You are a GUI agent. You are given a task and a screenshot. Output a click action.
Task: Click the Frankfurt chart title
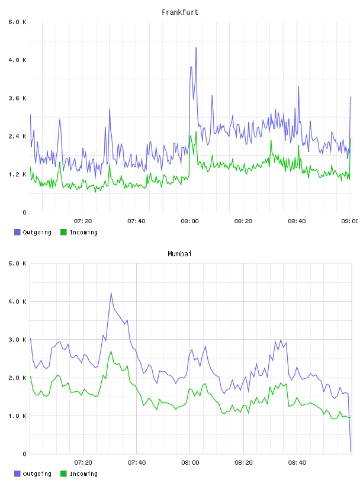[x=180, y=12]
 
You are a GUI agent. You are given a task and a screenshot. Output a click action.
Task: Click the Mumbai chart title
[x=179, y=254]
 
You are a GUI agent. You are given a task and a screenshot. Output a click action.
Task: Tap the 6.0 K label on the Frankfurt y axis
[x=18, y=22]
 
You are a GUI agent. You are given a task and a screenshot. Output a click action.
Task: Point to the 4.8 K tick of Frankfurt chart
[x=18, y=60]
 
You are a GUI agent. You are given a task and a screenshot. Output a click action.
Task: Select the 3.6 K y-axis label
[x=18, y=98]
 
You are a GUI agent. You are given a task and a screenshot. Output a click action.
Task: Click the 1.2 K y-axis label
[x=18, y=175]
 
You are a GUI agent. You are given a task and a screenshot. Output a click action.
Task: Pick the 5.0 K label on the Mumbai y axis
[x=18, y=263]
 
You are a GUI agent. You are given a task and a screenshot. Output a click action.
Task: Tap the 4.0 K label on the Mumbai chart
[x=18, y=301]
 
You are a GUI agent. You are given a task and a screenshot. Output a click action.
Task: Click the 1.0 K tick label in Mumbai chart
[x=18, y=416]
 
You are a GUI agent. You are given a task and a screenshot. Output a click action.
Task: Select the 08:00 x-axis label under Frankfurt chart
[x=190, y=221]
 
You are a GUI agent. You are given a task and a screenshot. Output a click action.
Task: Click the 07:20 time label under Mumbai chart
[x=83, y=462]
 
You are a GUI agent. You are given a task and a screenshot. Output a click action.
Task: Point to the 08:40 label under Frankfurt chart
[x=297, y=221]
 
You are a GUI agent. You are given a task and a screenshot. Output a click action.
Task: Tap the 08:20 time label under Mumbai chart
[x=243, y=462]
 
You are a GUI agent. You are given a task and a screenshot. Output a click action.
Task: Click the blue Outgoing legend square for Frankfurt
[x=17, y=232]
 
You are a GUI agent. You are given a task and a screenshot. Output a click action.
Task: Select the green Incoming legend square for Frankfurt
[x=63, y=232]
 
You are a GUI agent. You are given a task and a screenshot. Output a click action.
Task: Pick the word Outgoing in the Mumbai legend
[x=37, y=474]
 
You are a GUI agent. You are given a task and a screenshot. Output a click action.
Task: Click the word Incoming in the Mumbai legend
[x=83, y=474]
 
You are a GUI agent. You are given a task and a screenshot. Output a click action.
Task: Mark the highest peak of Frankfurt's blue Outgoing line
[x=196, y=48]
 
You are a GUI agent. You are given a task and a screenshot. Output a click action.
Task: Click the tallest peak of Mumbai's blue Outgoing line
[x=111, y=292]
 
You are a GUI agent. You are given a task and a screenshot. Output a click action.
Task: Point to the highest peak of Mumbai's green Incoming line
[x=111, y=351]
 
